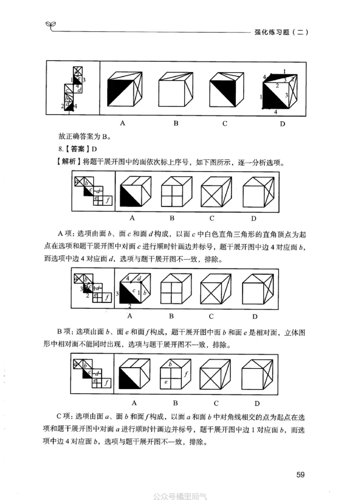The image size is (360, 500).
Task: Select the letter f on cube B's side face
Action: [x=186, y=373]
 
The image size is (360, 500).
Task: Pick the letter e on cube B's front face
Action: [x=166, y=382]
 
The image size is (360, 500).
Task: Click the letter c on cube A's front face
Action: [x=134, y=291]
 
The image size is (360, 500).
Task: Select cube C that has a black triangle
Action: [x=227, y=90]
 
